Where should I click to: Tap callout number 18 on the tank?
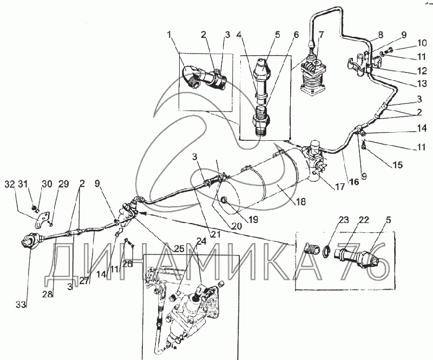[300, 201]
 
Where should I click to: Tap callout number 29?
[64, 185]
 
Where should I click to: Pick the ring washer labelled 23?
[327, 251]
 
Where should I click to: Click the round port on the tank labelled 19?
[223, 204]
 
